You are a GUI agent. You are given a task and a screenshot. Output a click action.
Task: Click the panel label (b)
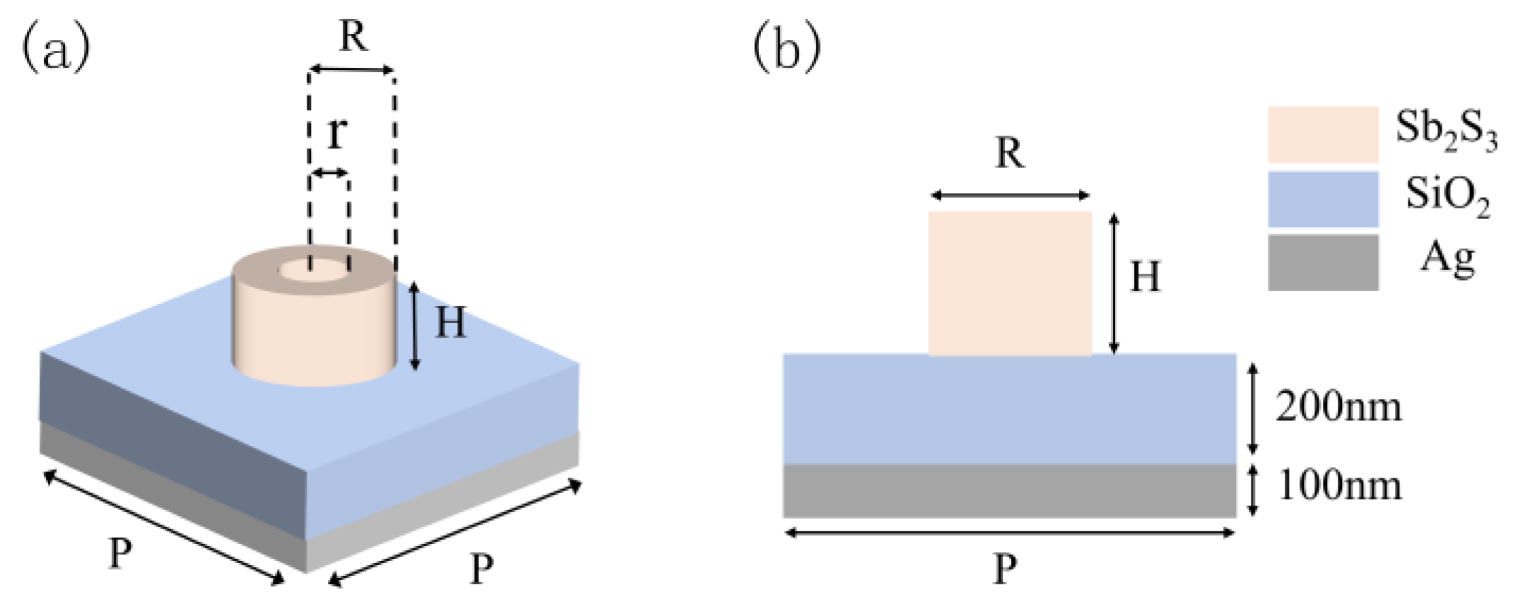click(787, 49)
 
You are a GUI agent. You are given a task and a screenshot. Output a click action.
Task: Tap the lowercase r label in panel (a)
click(337, 132)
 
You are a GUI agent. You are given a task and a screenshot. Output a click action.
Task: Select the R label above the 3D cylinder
click(353, 35)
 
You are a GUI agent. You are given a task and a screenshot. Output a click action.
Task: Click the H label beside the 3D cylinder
click(450, 323)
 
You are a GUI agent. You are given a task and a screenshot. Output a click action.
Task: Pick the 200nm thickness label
click(1338, 408)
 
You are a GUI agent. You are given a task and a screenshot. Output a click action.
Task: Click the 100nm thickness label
click(1339, 486)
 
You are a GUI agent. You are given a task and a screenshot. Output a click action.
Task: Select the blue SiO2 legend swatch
click(1322, 199)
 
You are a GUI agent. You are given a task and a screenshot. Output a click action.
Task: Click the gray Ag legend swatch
click(1322, 262)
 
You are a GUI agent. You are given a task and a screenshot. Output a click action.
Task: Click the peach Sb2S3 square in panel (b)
click(1009, 283)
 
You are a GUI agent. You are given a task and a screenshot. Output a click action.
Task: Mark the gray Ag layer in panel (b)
click(1009, 490)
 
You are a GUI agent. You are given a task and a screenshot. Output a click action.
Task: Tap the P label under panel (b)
click(1005, 569)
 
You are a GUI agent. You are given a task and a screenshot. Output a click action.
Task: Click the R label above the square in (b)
click(1009, 153)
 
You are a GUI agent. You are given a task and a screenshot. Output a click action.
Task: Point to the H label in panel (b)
click(1145, 277)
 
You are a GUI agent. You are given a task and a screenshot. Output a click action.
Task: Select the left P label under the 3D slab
click(119, 553)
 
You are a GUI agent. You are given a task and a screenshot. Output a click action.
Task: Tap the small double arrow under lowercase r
click(330, 173)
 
